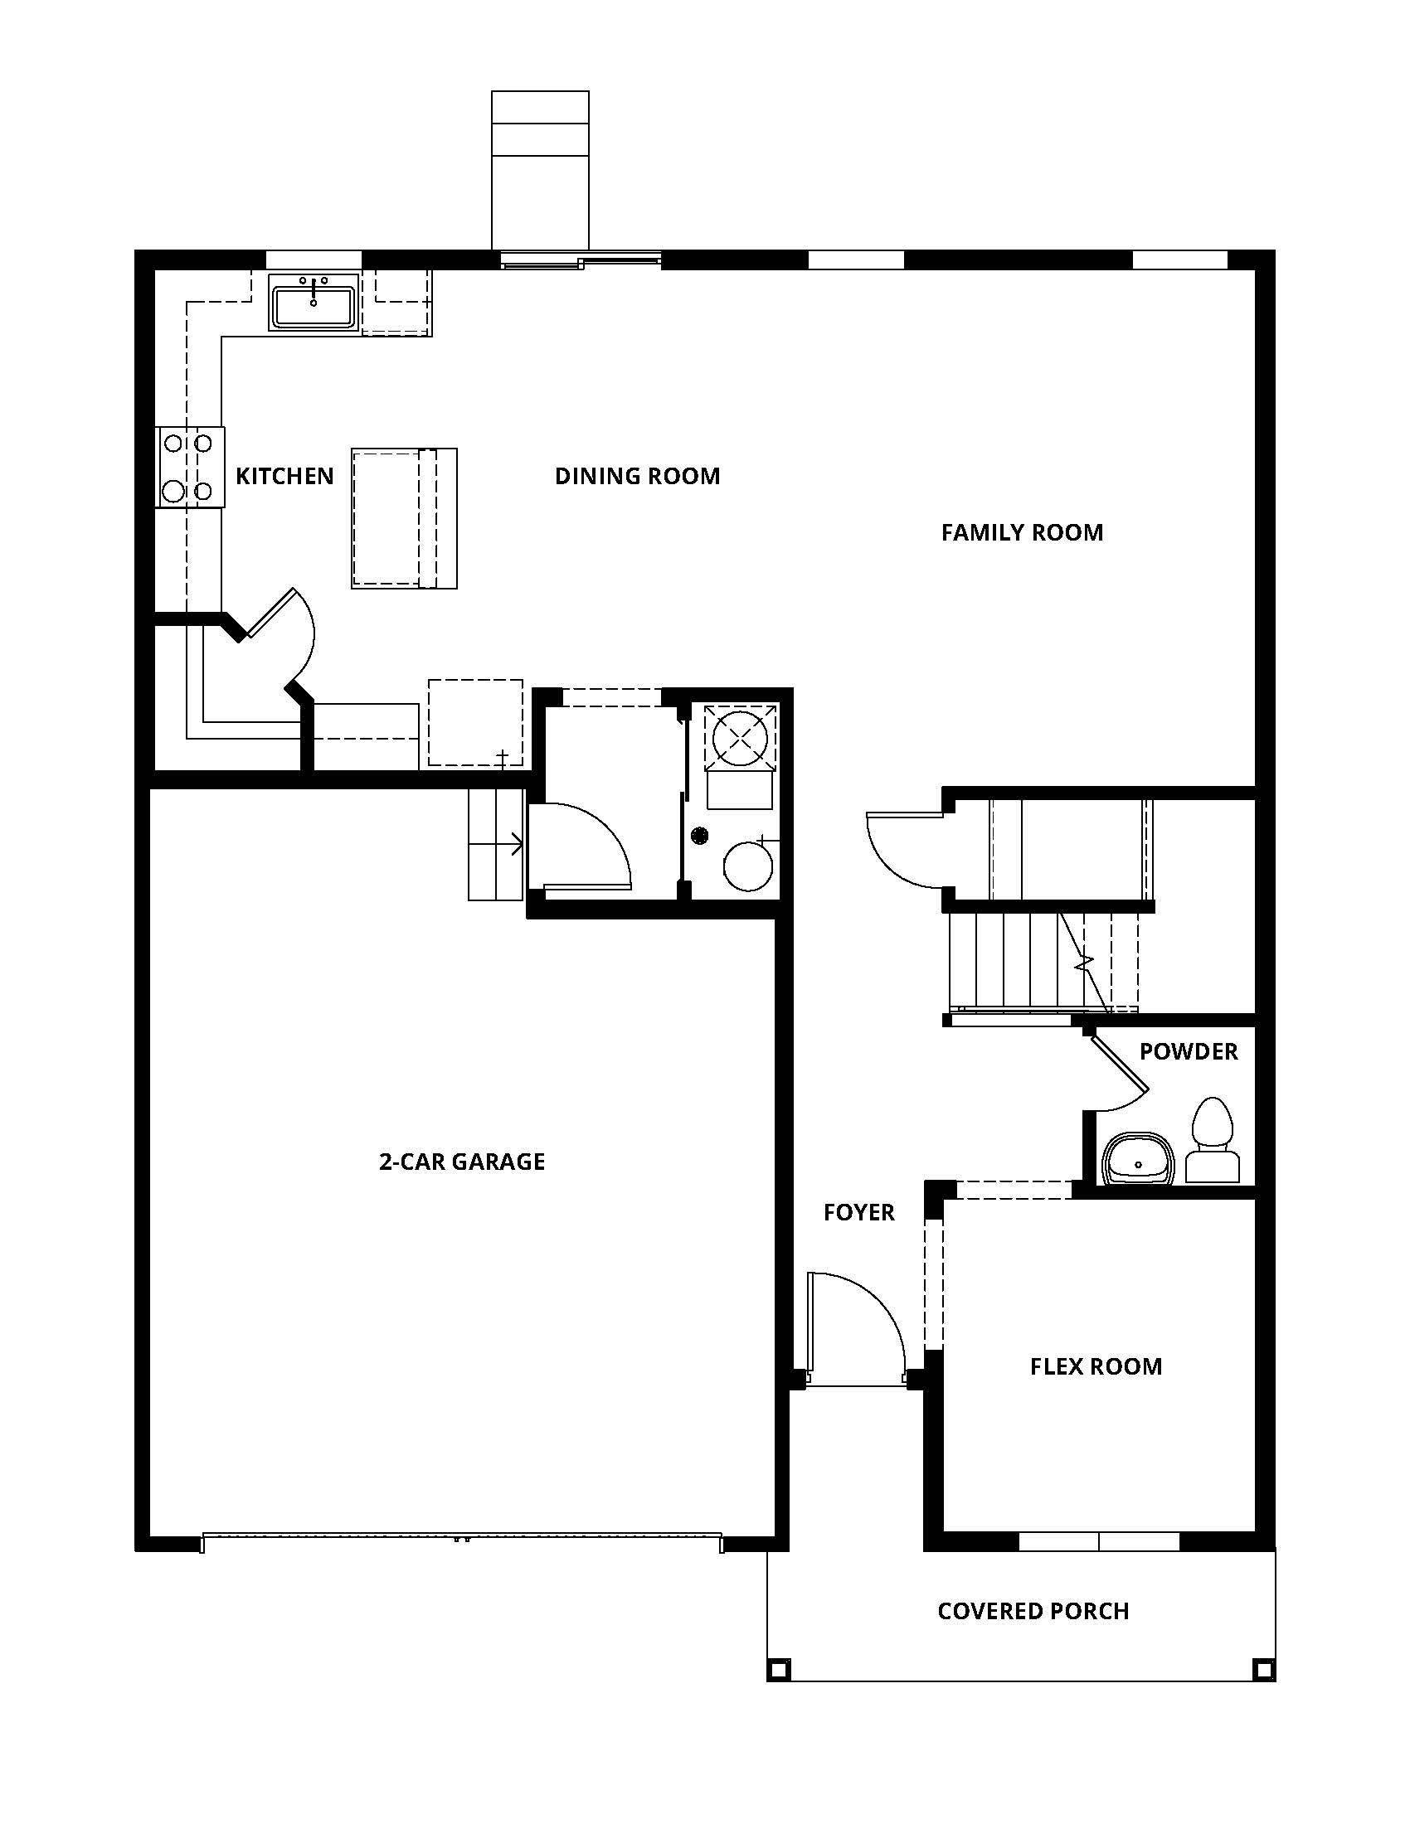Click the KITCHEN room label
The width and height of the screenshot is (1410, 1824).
point(284,476)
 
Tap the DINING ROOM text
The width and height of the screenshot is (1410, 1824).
point(636,476)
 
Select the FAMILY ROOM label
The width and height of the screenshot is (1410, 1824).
point(1022,533)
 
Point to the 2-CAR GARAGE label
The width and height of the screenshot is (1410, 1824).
point(462,1162)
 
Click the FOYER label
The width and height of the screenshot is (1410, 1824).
point(858,1213)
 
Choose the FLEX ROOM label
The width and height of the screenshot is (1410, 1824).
point(1096,1366)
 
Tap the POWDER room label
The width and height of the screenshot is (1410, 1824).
point(1188,1051)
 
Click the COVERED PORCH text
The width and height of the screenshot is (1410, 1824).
point(1033,1611)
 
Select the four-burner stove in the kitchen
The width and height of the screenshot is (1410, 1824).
point(189,467)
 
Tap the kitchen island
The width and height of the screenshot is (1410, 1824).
point(403,518)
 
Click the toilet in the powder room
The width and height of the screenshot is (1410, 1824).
point(1212,1141)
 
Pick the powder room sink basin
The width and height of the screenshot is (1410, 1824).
point(1137,1160)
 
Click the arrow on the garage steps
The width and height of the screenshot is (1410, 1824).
point(512,844)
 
